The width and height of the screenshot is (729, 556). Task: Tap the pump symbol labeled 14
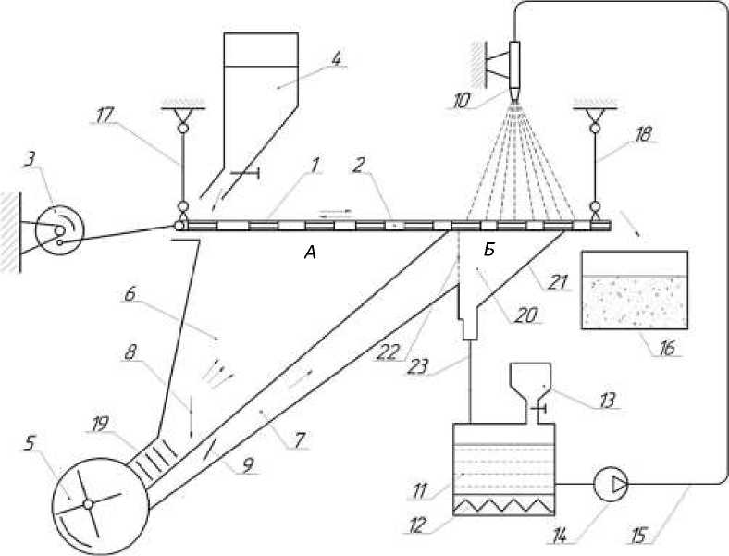tap(612, 482)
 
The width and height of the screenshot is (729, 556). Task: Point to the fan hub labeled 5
tap(88, 504)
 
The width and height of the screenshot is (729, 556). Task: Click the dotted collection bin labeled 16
tap(634, 290)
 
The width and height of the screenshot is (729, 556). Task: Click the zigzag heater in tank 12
tap(505, 503)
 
